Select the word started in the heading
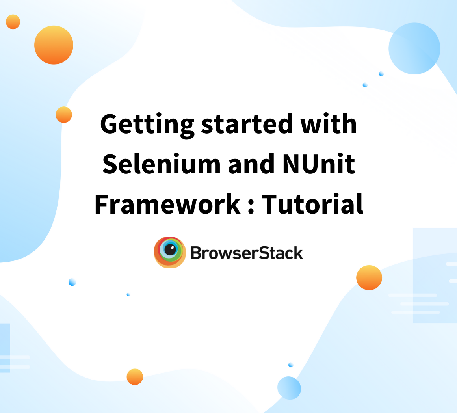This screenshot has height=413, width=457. tap(247, 124)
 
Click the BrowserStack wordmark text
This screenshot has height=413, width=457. tap(247, 253)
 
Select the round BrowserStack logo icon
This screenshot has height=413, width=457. tap(170, 252)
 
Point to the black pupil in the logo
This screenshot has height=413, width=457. tap(170, 249)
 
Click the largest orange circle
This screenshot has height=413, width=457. tap(54, 45)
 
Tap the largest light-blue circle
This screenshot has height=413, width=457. tap(414, 48)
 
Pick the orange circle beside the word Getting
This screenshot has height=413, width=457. tap(64, 115)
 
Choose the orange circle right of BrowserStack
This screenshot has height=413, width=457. tap(369, 278)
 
